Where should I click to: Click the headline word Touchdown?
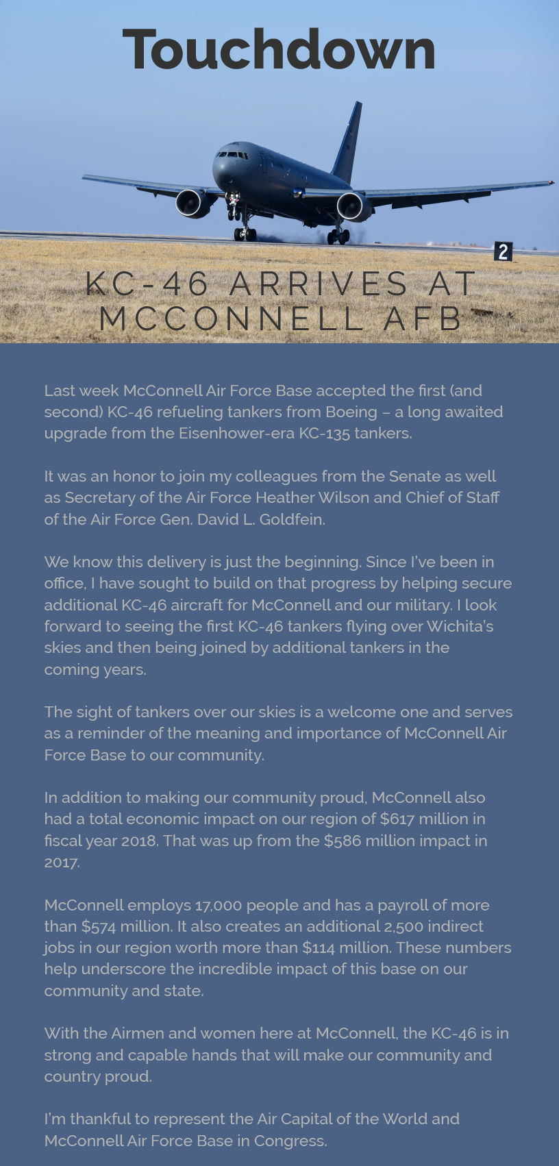click(x=279, y=49)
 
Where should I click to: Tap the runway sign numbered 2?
click(x=503, y=251)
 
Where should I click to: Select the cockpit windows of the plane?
click(x=232, y=154)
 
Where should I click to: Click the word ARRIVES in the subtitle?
click(x=319, y=284)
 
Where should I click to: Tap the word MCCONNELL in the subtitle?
click(x=232, y=319)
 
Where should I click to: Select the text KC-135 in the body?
click(x=324, y=433)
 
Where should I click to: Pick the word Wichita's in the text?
click(x=460, y=626)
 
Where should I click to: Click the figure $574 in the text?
click(x=99, y=926)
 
